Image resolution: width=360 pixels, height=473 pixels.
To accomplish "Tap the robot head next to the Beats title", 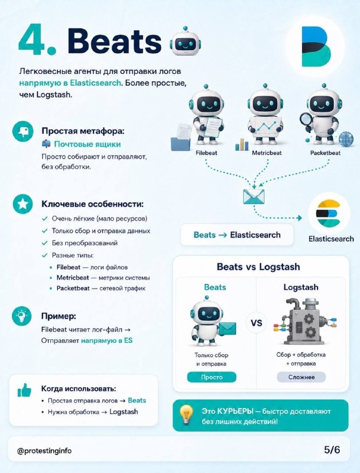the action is point(185,41).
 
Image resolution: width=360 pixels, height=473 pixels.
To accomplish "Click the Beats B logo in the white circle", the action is point(316,47).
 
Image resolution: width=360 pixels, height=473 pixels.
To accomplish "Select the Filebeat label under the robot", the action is point(206,153).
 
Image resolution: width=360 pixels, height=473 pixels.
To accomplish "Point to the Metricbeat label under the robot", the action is point(267,153).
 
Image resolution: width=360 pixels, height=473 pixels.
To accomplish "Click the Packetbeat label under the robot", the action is point(325,153).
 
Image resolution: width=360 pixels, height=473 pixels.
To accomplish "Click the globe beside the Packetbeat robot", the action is point(346,139).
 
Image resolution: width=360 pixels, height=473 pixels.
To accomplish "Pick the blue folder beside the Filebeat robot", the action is point(180,143).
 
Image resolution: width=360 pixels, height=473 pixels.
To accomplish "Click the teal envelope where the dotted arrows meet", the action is point(254,197).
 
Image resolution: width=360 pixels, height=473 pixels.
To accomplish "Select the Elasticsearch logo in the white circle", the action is point(329,213).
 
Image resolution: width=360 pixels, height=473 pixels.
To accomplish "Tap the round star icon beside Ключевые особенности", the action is point(22,204).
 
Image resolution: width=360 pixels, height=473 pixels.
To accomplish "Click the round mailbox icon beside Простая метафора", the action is point(23,131).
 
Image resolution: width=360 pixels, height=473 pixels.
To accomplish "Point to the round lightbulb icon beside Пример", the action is point(22,316).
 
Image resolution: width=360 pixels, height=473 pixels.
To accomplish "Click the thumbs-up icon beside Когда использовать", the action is point(24,390).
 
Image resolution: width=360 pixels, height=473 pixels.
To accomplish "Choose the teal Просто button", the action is point(212,377).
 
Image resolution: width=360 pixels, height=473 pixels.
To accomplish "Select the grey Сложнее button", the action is point(301,377).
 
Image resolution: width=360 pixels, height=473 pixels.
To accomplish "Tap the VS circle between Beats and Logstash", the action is point(257,323).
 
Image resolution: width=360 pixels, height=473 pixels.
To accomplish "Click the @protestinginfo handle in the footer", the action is point(44,451).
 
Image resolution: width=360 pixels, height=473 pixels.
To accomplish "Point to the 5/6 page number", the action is point(332,450).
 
